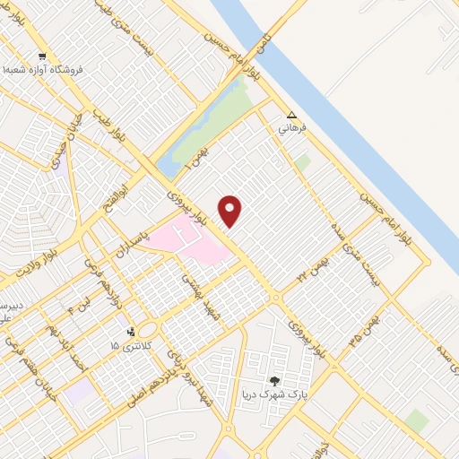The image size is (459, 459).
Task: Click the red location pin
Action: pyautogui.click(x=230, y=211)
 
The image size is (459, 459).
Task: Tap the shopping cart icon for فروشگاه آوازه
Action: pyautogui.click(x=42, y=56)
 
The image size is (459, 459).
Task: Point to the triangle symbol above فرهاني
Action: pyautogui.click(x=291, y=115)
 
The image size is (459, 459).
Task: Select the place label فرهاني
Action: pyautogui.click(x=293, y=128)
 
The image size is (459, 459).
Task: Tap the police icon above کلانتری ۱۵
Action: pyautogui.click(x=132, y=331)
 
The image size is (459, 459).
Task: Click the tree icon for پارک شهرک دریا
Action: pyautogui.click(x=275, y=381)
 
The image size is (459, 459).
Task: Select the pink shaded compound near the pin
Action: pyautogui.click(x=187, y=238)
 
